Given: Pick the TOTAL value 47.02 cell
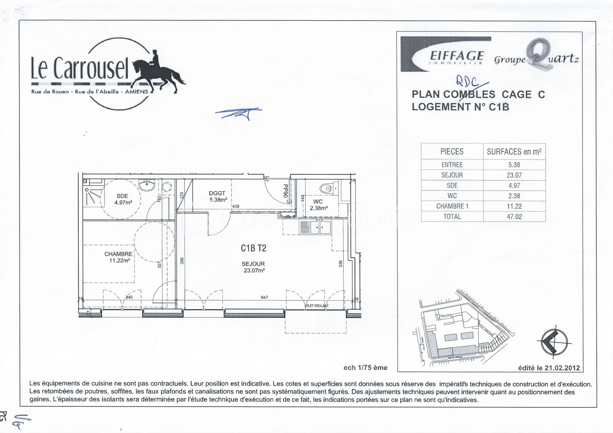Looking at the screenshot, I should (514, 217).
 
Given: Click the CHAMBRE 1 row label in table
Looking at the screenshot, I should (452, 206).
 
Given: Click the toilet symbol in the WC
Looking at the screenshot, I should (326, 189).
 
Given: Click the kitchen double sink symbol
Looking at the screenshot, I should (320, 227).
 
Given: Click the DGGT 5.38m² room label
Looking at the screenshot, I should (218, 196).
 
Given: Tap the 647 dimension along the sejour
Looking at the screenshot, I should (264, 297).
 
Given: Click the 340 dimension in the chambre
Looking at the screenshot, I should (129, 297).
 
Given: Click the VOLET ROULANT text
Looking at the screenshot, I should (316, 306).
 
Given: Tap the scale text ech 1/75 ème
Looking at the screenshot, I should (365, 368).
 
